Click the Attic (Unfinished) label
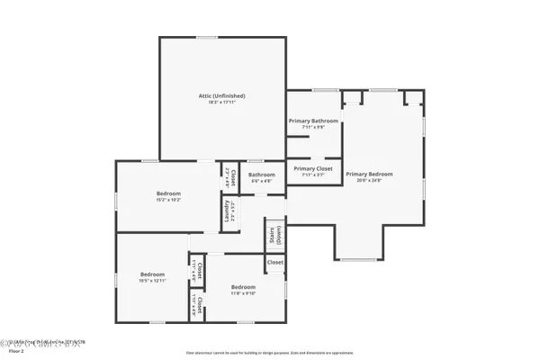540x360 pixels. (222, 95)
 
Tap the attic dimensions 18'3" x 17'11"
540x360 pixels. (222, 103)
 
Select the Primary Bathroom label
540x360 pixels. (313, 121)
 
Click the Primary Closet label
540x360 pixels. (313, 168)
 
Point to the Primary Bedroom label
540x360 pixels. (370, 174)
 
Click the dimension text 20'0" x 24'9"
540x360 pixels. (370, 181)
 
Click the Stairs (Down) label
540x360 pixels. (270, 236)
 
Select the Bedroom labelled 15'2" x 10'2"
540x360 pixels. (168, 193)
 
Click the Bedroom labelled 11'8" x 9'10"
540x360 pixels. (242, 287)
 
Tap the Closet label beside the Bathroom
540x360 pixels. (232, 176)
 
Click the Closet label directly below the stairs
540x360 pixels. (274, 262)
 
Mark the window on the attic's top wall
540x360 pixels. (207, 37)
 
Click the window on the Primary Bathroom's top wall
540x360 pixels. (325, 90)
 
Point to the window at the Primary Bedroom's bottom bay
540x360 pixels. (358, 259)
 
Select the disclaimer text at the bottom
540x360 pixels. (269, 352)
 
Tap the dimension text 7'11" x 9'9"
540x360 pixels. (313, 128)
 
